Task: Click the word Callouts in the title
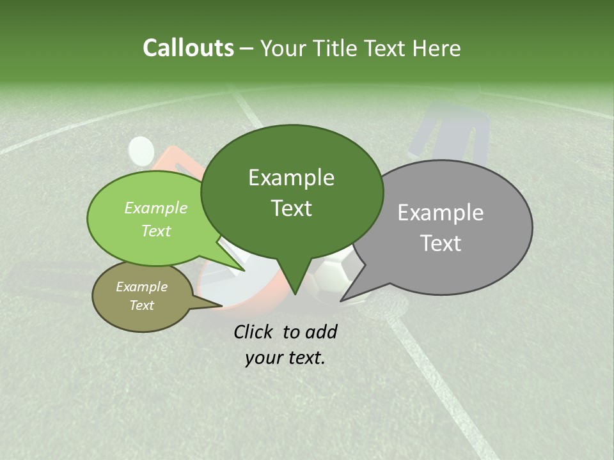tap(188, 48)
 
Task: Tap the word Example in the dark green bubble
tap(291, 178)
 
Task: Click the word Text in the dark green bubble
tap(292, 208)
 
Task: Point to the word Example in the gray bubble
tap(441, 213)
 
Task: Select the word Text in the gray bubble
tap(441, 243)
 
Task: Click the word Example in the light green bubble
tap(156, 208)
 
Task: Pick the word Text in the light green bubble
tap(156, 231)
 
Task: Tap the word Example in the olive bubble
tap(141, 287)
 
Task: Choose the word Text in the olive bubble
tap(142, 305)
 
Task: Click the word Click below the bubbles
tap(256, 332)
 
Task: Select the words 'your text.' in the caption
tap(285, 358)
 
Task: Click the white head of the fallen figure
tap(141, 150)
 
